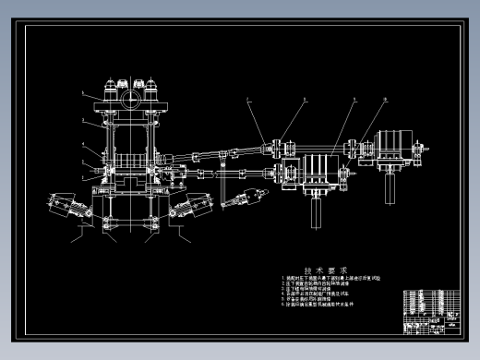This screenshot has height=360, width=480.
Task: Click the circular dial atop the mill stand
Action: [130, 94]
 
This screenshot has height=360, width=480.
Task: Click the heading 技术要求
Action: [318, 262]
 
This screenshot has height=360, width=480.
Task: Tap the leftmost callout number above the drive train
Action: [247, 99]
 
